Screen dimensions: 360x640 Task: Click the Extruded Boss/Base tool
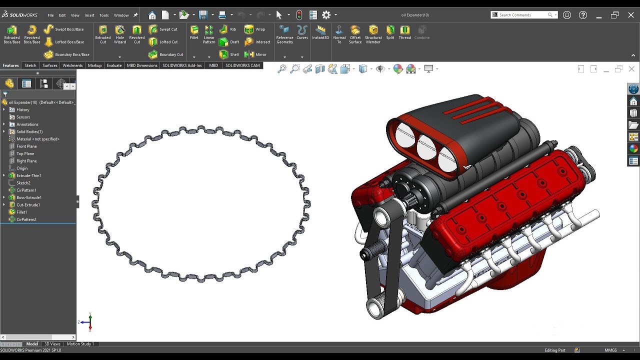tap(12, 34)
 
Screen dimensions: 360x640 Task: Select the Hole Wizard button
tap(120, 34)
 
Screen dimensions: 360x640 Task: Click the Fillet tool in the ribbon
tap(194, 32)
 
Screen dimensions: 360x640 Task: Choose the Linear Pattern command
tap(209, 34)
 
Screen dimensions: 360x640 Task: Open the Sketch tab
tap(30, 65)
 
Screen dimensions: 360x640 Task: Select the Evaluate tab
tap(114, 65)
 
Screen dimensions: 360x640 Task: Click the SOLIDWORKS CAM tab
tap(242, 65)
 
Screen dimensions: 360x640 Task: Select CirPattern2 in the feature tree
tap(26, 219)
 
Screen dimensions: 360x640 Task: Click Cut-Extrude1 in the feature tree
tap(28, 205)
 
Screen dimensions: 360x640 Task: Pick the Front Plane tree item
tap(26, 146)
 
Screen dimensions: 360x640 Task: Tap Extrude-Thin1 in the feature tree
tap(28, 175)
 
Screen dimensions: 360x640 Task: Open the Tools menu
tap(104, 15)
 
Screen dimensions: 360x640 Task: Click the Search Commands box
tap(522, 15)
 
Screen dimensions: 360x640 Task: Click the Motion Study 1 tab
tap(80, 344)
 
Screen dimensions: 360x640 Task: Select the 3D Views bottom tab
tap(52, 344)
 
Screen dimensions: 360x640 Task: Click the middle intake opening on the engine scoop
tap(426, 147)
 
